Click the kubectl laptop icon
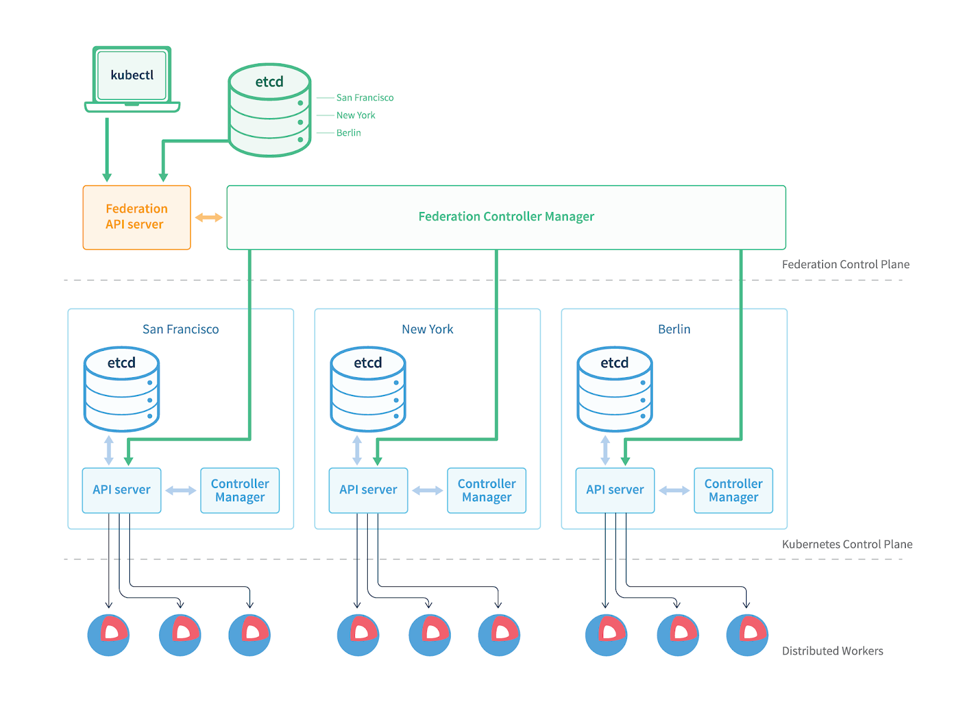point(132,79)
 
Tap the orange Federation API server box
point(137,217)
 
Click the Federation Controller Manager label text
point(506,216)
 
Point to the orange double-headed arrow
point(209,218)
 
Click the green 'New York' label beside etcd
point(356,115)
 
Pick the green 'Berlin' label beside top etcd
point(348,133)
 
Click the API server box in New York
point(368,490)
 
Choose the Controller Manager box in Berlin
point(733,490)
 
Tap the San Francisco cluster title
point(181,329)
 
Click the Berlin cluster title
point(674,329)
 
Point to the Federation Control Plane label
point(845,264)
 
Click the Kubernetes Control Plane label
point(847,544)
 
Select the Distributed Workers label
point(832,651)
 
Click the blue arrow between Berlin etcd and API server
point(605,450)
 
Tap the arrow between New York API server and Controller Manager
point(427,491)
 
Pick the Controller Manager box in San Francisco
point(240,490)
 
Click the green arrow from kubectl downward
point(107,149)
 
